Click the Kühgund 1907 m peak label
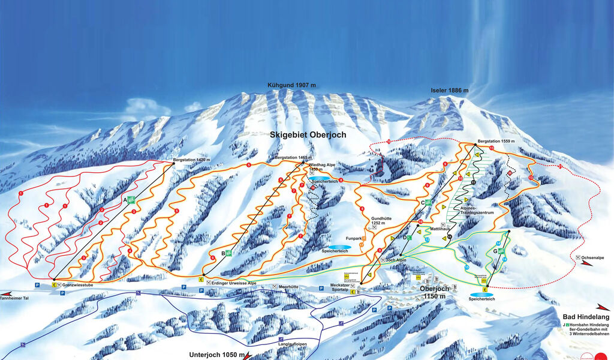(x=291, y=85)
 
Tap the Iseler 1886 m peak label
(x=449, y=91)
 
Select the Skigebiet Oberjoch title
(x=308, y=136)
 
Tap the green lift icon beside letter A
(x=131, y=200)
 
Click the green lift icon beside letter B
(x=228, y=253)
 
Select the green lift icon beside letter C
(x=428, y=203)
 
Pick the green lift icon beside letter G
(x=501, y=250)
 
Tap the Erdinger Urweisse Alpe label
(x=234, y=283)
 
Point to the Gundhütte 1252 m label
(x=381, y=221)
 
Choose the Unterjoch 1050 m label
(x=217, y=354)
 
